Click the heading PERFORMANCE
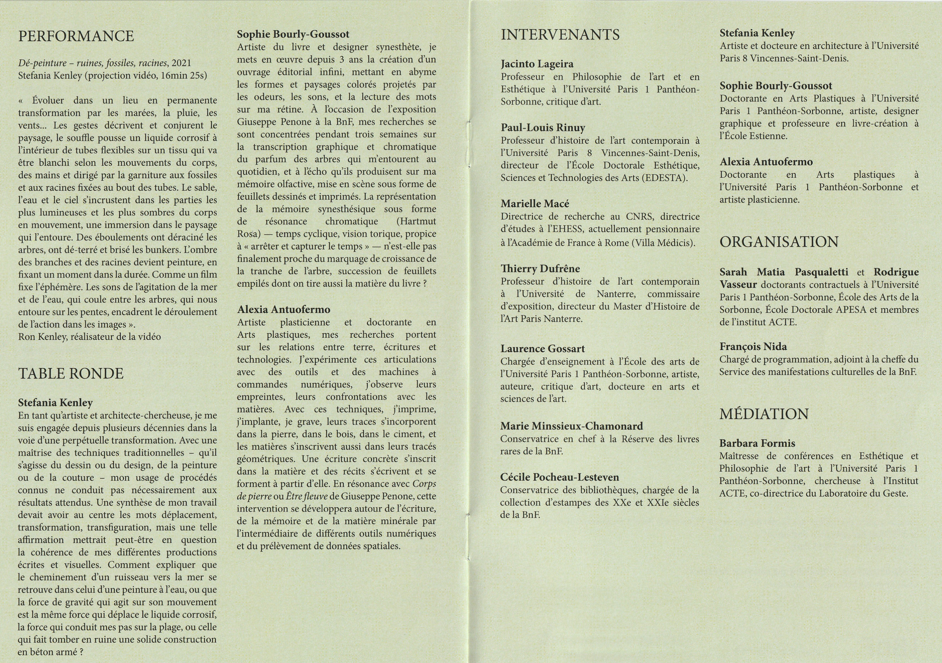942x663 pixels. coord(76,36)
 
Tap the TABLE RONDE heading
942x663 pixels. coord(70,373)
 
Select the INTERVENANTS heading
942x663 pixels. coord(560,35)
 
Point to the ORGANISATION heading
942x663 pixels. coord(779,242)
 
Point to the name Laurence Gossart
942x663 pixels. coord(542,349)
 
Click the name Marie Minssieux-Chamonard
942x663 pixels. coord(572,426)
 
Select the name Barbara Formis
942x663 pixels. coord(757,443)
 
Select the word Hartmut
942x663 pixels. coord(416,221)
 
